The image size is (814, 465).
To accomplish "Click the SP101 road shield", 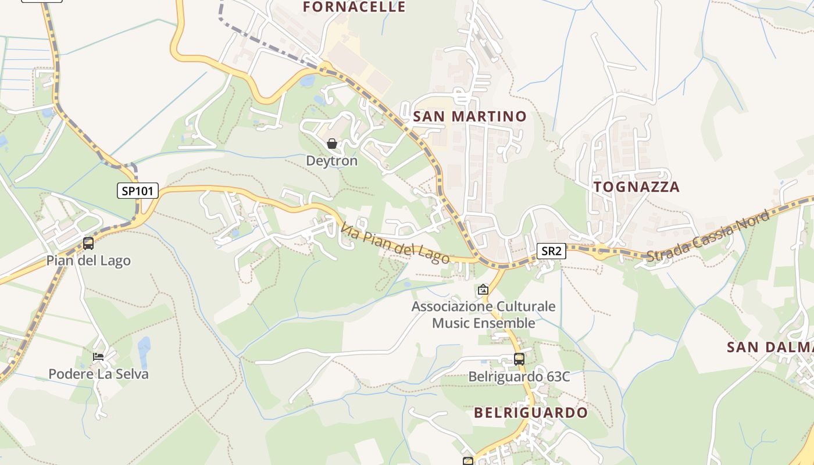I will (138, 191).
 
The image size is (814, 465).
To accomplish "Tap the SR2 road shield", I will (551, 251).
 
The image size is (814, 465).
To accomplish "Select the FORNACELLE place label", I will (354, 7).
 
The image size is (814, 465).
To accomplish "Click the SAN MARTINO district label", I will (469, 116).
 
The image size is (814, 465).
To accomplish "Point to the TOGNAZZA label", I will (636, 187).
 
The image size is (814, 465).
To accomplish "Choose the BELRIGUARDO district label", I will (530, 413).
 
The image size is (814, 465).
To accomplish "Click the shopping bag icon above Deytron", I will (332, 143).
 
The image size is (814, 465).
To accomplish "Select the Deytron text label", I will (332, 160).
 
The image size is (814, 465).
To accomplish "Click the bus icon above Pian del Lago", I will (88, 244).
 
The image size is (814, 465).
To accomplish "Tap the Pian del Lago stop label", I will (88, 260).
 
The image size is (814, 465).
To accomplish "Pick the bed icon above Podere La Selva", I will (98, 356).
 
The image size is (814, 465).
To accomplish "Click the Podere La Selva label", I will (98, 374).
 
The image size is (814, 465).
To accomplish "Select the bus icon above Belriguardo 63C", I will (519, 359).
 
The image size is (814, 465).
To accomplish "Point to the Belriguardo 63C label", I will (519, 377).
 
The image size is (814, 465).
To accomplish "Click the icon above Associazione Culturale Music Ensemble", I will (483, 289).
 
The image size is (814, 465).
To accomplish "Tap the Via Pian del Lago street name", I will (395, 244).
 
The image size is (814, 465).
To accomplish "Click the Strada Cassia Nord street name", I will (708, 236).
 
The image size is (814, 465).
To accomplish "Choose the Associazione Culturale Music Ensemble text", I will (483, 314).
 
